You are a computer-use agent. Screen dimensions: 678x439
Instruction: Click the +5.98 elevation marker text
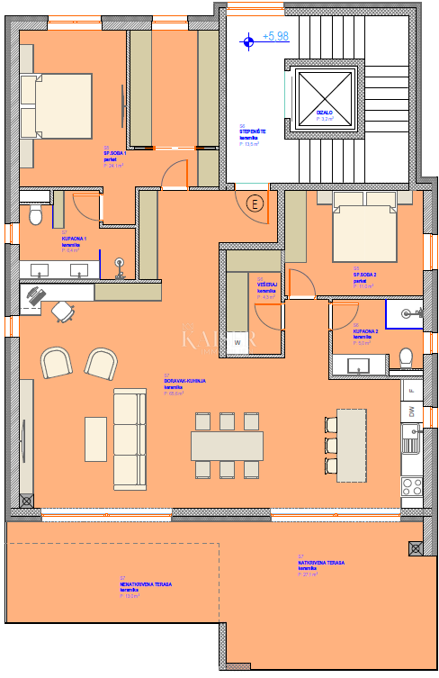click(x=275, y=37)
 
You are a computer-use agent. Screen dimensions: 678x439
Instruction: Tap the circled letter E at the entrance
click(x=256, y=203)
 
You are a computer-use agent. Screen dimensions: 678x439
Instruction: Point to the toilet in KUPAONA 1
click(x=35, y=215)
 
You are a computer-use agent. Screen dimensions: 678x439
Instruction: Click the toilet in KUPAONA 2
click(x=406, y=357)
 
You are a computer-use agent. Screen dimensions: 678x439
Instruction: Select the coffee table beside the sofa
click(x=95, y=438)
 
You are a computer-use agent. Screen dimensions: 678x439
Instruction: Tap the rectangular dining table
click(x=227, y=445)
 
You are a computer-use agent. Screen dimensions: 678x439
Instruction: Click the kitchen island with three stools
click(x=352, y=443)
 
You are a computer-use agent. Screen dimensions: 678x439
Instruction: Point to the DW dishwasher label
click(x=411, y=411)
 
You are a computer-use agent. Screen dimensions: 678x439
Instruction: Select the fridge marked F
click(x=411, y=390)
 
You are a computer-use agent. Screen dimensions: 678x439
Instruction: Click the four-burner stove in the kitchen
click(x=411, y=486)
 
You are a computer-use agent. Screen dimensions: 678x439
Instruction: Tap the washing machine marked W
click(x=238, y=342)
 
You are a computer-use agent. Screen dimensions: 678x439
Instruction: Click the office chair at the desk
click(x=63, y=312)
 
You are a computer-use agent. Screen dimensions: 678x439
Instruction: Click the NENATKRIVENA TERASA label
click(x=146, y=584)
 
